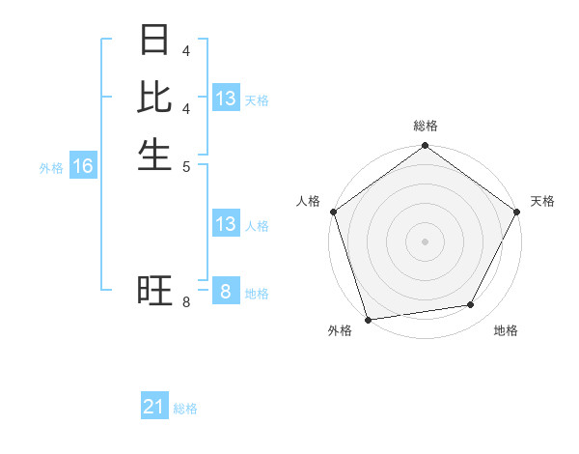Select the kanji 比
(155, 98)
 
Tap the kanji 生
(155, 154)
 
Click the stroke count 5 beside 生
(185, 165)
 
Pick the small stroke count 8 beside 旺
(185, 302)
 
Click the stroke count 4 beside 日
(185, 49)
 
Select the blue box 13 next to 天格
(226, 99)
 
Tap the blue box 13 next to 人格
(226, 224)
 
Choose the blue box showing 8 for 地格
(226, 292)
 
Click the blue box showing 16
(83, 166)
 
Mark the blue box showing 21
(154, 408)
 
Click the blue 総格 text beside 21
(185, 409)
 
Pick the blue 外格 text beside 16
(51, 168)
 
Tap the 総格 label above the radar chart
(425, 126)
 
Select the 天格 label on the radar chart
(542, 201)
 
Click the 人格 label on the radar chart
(309, 201)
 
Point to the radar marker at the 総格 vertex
(425, 147)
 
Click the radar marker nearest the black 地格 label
(471, 305)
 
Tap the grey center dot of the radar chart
(425, 241)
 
